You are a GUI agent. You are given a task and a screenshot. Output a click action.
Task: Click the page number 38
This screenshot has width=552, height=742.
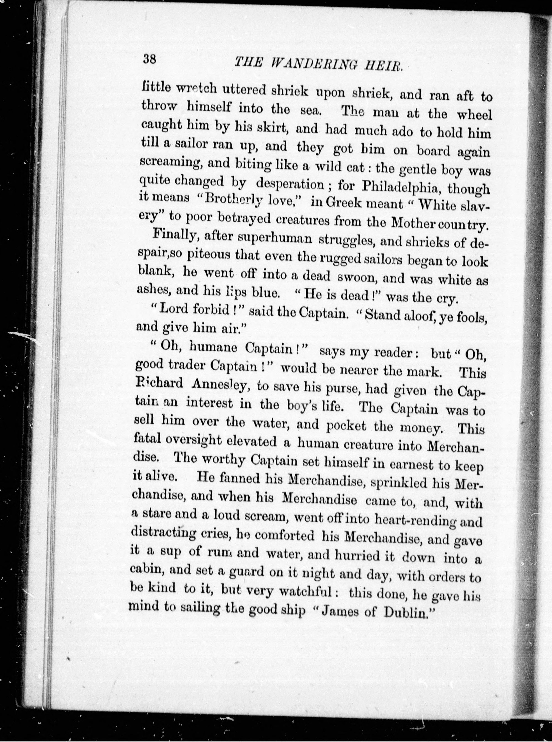coord(149,59)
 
